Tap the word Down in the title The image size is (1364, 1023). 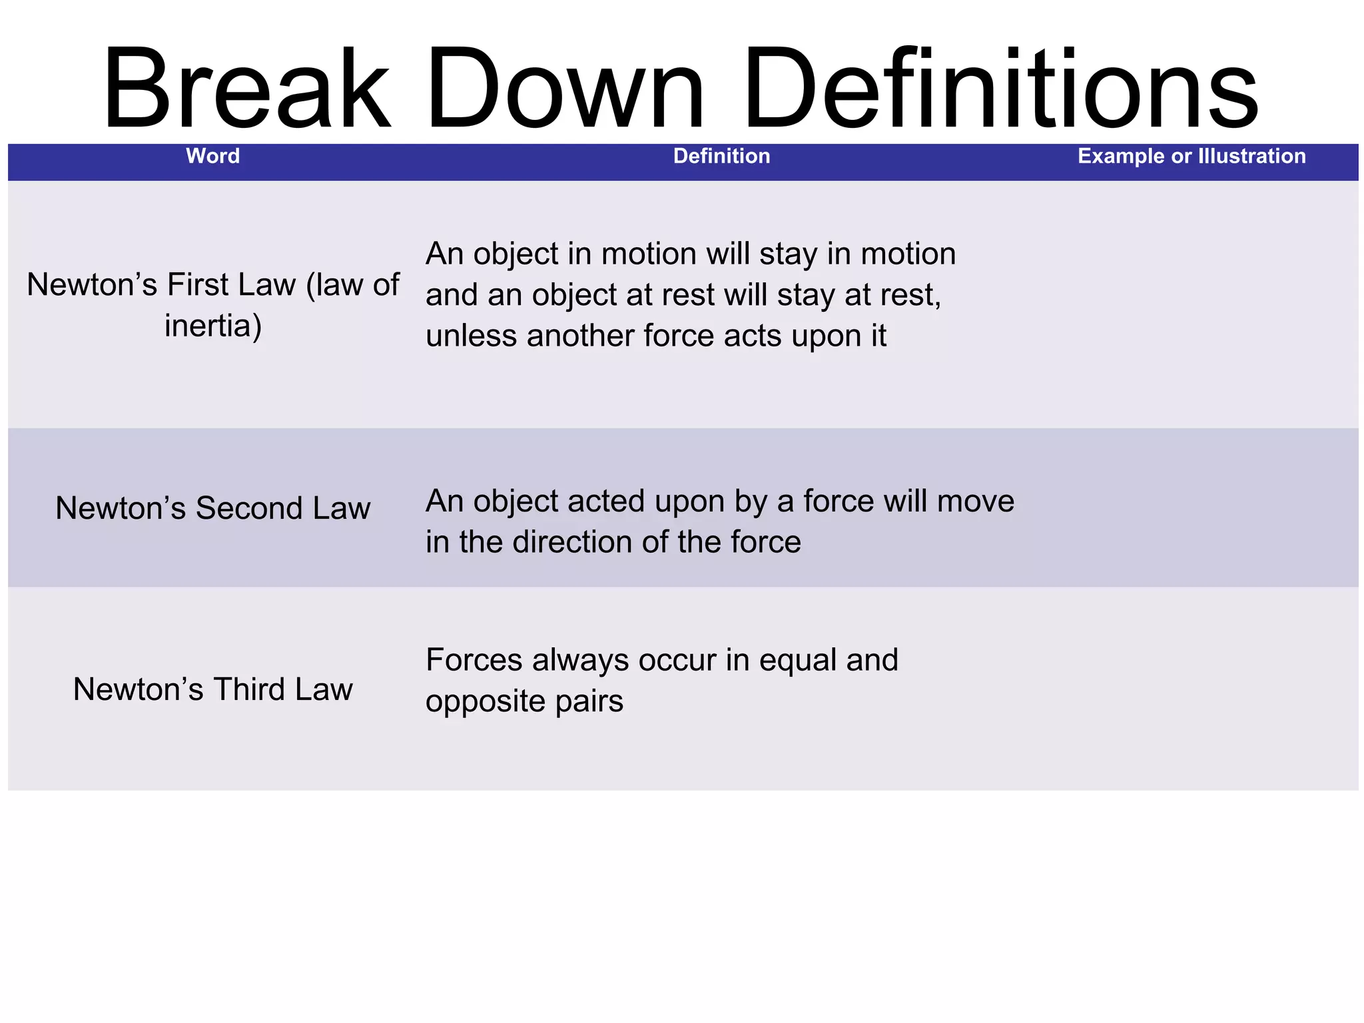[x=565, y=88]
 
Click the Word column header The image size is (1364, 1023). [x=212, y=157]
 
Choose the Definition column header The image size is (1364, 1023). [x=721, y=157]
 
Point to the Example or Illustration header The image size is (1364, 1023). [x=1192, y=157]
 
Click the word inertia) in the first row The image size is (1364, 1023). [x=213, y=326]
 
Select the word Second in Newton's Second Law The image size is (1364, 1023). [x=249, y=509]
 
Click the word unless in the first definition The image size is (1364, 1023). [x=472, y=336]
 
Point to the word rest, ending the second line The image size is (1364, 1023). [x=914, y=295]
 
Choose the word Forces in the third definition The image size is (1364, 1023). [x=474, y=661]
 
